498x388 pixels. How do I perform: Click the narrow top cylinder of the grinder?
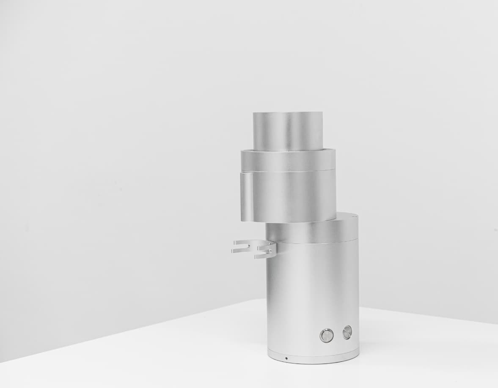pyautogui.click(x=288, y=131)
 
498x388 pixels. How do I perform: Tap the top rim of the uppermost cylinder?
pyautogui.click(x=288, y=113)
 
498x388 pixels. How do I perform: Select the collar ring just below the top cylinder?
pyautogui.click(x=288, y=161)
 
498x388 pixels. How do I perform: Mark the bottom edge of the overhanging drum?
pyautogui.click(x=288, y=221)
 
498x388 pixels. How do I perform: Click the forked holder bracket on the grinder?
pyautogui.click(x=254, y=249)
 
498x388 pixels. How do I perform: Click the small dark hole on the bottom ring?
pyautogui.click(x=286, y=358)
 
